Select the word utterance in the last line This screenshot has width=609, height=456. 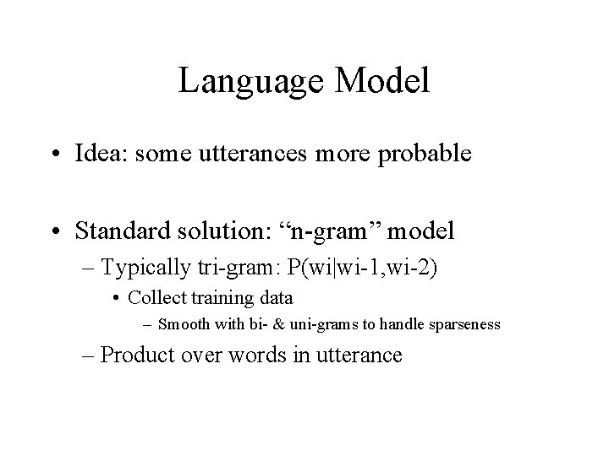pyautogui.click(x=360, y=356)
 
